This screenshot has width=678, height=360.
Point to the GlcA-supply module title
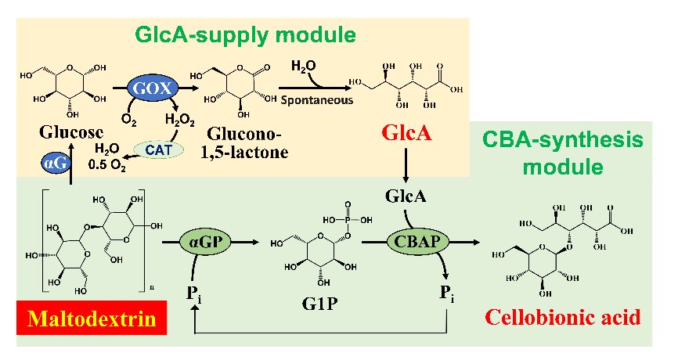[x=245, y=34]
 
